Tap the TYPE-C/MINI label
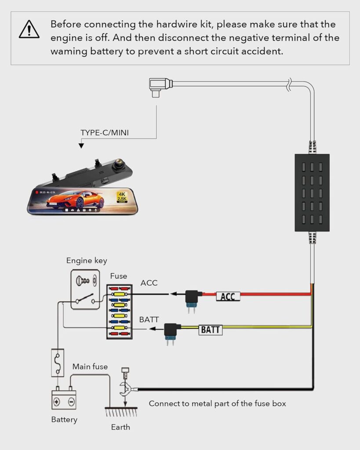point(105,132)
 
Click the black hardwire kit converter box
point(312,192)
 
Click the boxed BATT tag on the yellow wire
point(210,330)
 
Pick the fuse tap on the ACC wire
point(192,298)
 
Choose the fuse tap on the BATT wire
point(170,331)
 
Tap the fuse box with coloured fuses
point(119,311)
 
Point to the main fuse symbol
point(58,363)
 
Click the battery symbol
point(64,399)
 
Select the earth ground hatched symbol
point(120,412)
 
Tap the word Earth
point(120,427)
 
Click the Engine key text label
point(87,261)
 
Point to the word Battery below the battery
point(64,419)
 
